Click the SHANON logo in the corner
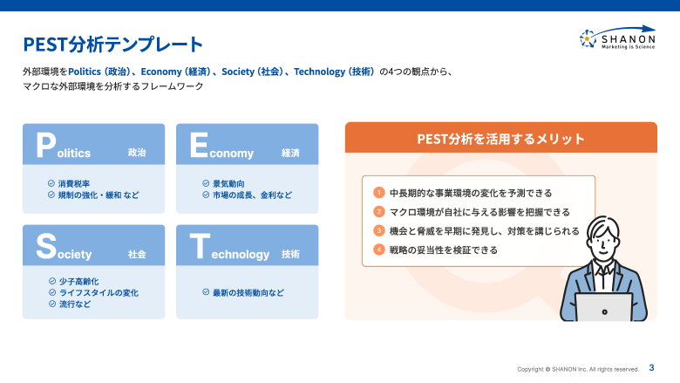(617, 38)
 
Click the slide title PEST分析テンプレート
(112, 44)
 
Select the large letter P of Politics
(45, 146)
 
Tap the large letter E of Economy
(198, 146)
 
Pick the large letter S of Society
(46, 247)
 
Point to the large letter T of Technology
(198, 247)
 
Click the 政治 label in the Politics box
(137, 153)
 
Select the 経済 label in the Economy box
(290, 153)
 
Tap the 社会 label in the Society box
(137, 254)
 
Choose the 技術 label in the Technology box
(290, 254)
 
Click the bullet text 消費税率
(74, 184)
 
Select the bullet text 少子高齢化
(78, 282)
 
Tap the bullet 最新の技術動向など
(248, 292)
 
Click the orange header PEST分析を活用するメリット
(500, 138)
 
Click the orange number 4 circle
(379, 250)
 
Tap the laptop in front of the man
(603, 306)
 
